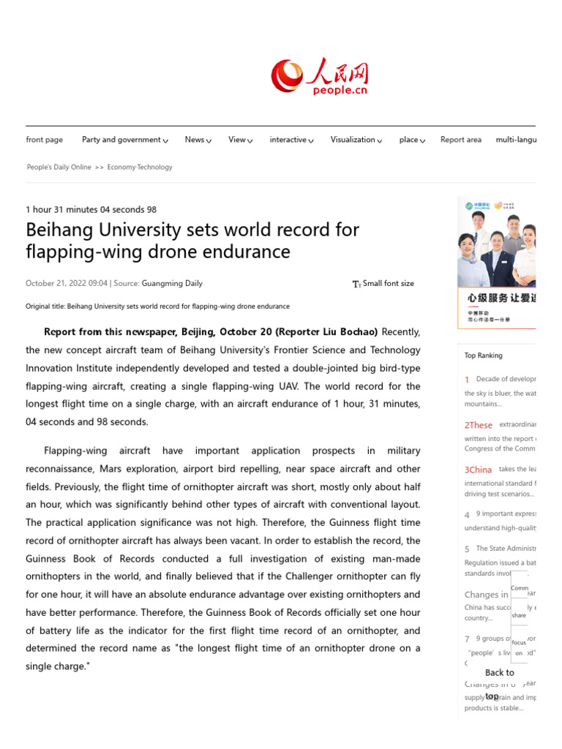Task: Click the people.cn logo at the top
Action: click(x=319, y=77)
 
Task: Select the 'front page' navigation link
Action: click(x=45, y=140)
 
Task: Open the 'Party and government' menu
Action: click(x=124, y=140)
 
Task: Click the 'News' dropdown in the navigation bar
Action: click(x=198, y=140)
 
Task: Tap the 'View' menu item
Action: click(x=240, y=140)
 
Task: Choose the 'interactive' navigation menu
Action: click(x=291, y=140)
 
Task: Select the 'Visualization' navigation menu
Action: click(x=356, y=140)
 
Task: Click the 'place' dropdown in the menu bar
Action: click(x=412, y=140)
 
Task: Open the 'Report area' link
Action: click(x=461, y=140)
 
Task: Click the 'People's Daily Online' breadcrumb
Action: click(x=59, y=168)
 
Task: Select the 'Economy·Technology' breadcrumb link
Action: click(x=140, y=168)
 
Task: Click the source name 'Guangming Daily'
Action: click(x=172, y=284)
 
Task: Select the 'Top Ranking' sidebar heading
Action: click(x=484, y=355)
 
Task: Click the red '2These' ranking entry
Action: click(x=479, y=425)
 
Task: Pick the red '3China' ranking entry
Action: click(x=478, y=470)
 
